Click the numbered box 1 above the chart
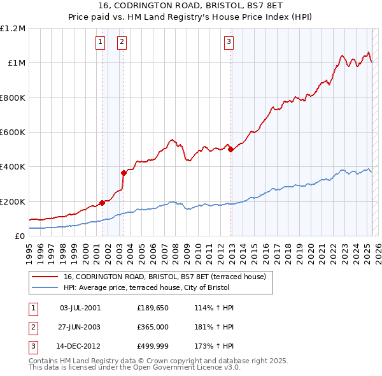[x=101, y=43]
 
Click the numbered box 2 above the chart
[x=122, y=43]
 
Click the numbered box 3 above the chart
[x=228, y=43]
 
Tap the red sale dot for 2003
[x=124, y=172]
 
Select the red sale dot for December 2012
[x=230, y=149]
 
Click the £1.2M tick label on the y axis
[x=13, y=29]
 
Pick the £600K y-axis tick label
[x=13, y=133]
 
